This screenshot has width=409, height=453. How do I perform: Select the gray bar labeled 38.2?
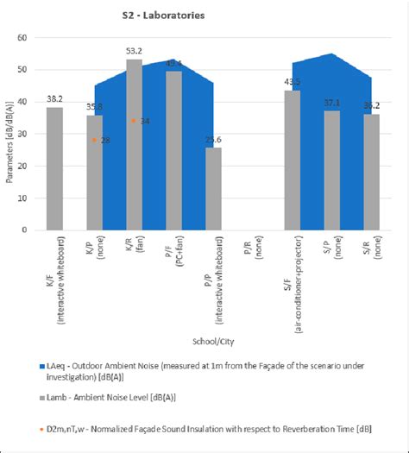(54, 168)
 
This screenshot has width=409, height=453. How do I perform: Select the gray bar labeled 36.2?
(371, 172)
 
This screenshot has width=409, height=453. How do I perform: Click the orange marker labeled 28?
(94, 140)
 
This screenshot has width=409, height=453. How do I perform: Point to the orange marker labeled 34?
(133, 121)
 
